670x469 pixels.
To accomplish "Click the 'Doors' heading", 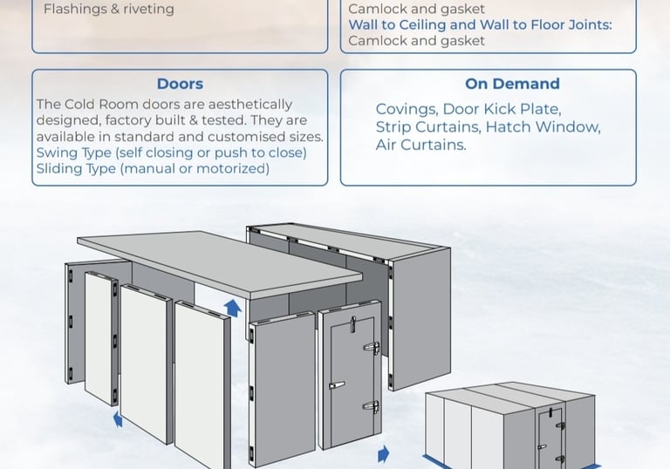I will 180,85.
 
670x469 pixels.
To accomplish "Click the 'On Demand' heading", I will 512,85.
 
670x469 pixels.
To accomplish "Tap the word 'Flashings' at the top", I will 77,10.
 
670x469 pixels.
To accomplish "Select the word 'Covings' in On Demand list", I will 406,110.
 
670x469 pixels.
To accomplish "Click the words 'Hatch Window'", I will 543,127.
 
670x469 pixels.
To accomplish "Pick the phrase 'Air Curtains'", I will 420,145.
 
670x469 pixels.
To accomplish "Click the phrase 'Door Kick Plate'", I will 502,110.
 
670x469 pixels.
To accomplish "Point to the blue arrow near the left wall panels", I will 118,419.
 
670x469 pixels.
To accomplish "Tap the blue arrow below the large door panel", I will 383,455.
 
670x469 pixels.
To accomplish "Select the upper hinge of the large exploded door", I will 372,349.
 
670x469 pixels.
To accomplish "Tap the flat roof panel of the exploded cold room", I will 218,262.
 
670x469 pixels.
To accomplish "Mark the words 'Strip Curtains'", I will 427,127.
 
